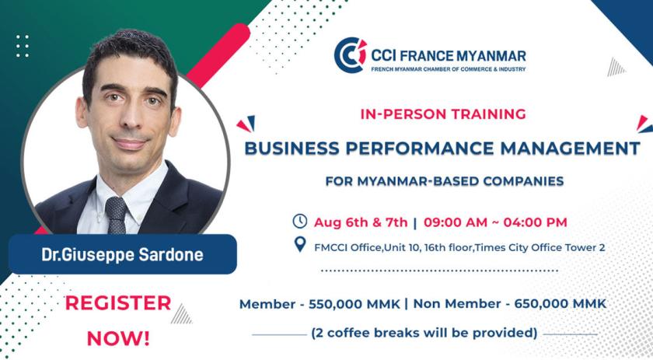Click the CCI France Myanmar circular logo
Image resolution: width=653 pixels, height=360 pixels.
(351, 55)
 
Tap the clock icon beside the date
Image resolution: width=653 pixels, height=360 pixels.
(300, 222)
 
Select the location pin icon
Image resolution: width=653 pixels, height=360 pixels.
(300, 245)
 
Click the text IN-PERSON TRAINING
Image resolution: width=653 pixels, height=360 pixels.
(443, 114)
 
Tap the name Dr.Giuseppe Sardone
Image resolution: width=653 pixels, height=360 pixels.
(123, 254)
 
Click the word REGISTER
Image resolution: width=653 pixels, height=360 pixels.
(118, 303)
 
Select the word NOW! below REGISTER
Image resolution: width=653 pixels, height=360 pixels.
(118, 338)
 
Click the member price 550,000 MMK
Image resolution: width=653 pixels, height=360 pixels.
(354, 304)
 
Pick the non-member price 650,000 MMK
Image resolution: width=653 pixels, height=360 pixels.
(560, 303)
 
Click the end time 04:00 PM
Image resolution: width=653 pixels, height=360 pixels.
(535, 222)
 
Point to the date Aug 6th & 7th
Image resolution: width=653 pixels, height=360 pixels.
(361, 222)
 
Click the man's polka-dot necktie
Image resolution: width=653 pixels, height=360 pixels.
(116, 215)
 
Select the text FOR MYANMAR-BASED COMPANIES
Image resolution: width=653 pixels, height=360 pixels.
(445, 181)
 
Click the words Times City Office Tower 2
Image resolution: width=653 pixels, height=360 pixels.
(540, 247)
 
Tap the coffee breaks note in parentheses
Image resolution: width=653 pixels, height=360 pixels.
(424, 333)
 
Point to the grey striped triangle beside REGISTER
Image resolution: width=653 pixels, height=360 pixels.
(182, 314)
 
